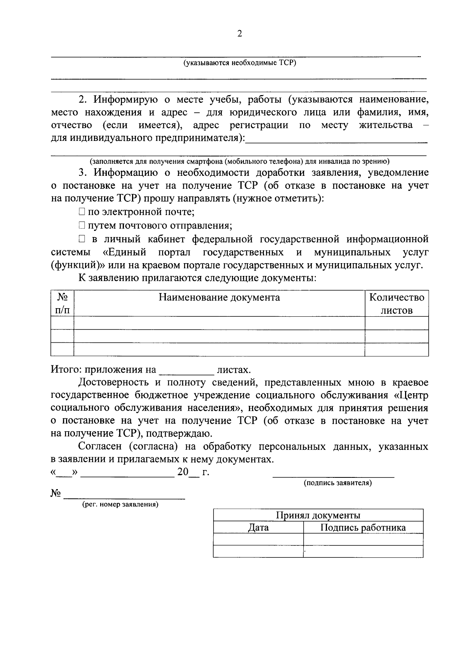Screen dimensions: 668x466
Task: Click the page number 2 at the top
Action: [x=239, y=34]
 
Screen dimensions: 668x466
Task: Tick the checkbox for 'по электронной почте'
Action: [x=81, y=212]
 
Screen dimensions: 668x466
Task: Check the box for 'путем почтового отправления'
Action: [x=81, y=225]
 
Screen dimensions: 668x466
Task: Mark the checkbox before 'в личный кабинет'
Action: [x=81, y=239]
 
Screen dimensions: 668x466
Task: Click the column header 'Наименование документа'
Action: [x=219, y=298]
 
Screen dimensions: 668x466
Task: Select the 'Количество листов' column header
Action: [x=396, y=304]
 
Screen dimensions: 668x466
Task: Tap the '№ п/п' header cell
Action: [x=62, y=304]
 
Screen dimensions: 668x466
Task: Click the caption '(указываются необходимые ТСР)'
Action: [x=240, y=63]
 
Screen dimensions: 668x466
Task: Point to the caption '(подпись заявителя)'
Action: [x=337, y=483]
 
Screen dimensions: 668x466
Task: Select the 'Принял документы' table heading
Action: [x=318, y=515]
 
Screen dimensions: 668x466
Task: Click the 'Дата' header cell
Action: [x=258, y=527]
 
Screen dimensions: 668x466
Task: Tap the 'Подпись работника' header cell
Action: [x=363, y=527]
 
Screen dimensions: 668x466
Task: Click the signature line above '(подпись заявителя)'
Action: [x=333, y=475]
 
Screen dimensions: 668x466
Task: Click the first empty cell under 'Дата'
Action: [x=258, y=540]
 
